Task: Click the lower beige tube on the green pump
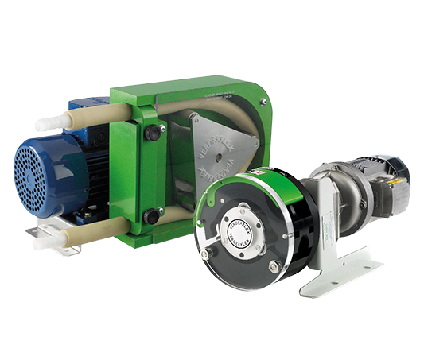[88, 230]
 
